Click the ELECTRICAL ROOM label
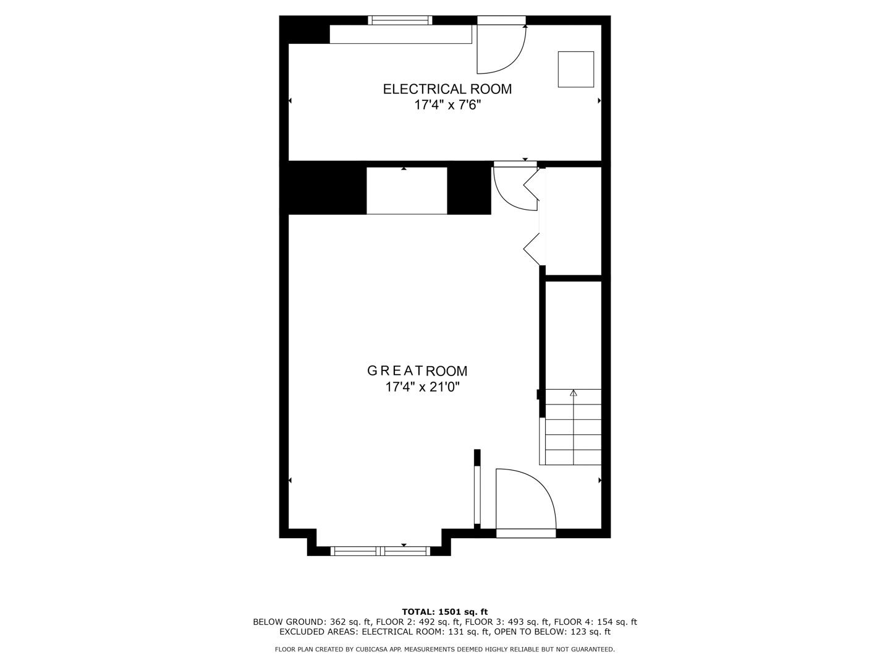447,89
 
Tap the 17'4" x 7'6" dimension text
447,105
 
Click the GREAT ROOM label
417,371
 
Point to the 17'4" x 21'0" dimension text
423,387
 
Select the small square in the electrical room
575,69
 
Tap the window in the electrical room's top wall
400,20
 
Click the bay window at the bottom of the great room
380,550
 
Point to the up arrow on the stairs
573,393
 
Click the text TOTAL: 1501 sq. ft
445,612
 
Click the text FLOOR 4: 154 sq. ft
595,622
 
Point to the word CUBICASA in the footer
372,649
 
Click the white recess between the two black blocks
407,191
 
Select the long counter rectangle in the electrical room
400,34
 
